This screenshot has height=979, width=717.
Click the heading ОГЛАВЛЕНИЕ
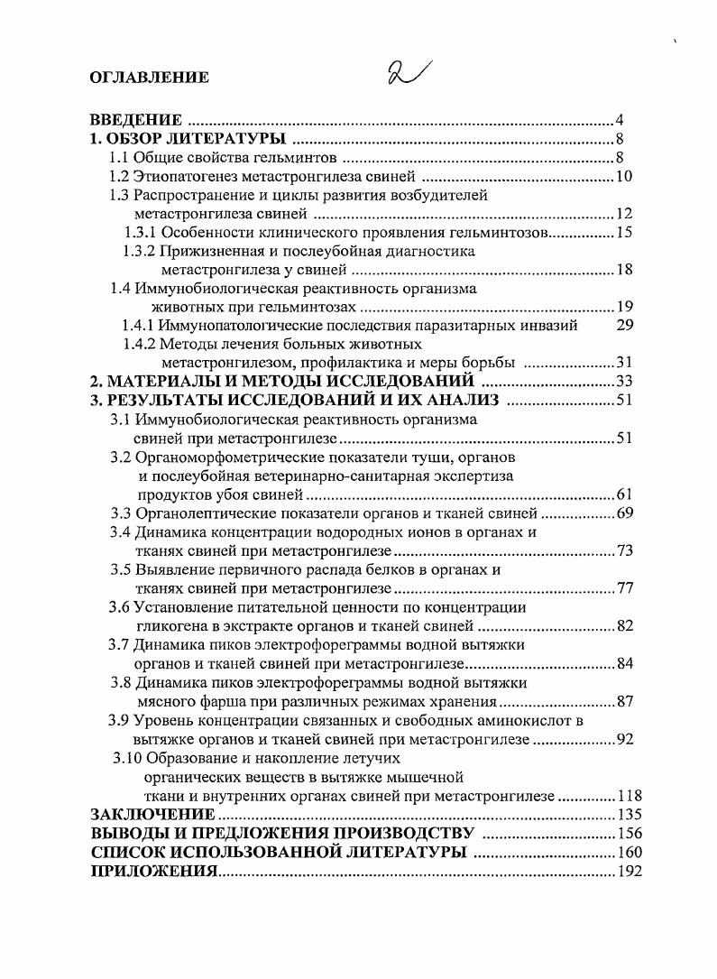click(x=149, y=78)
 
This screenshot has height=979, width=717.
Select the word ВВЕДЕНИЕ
click(x=135, y=120)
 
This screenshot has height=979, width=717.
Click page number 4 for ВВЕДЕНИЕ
click(x=620, y=121)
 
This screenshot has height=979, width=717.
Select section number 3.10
click(x=127, y=758)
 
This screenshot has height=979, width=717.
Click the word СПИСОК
click(x=127, y=853)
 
